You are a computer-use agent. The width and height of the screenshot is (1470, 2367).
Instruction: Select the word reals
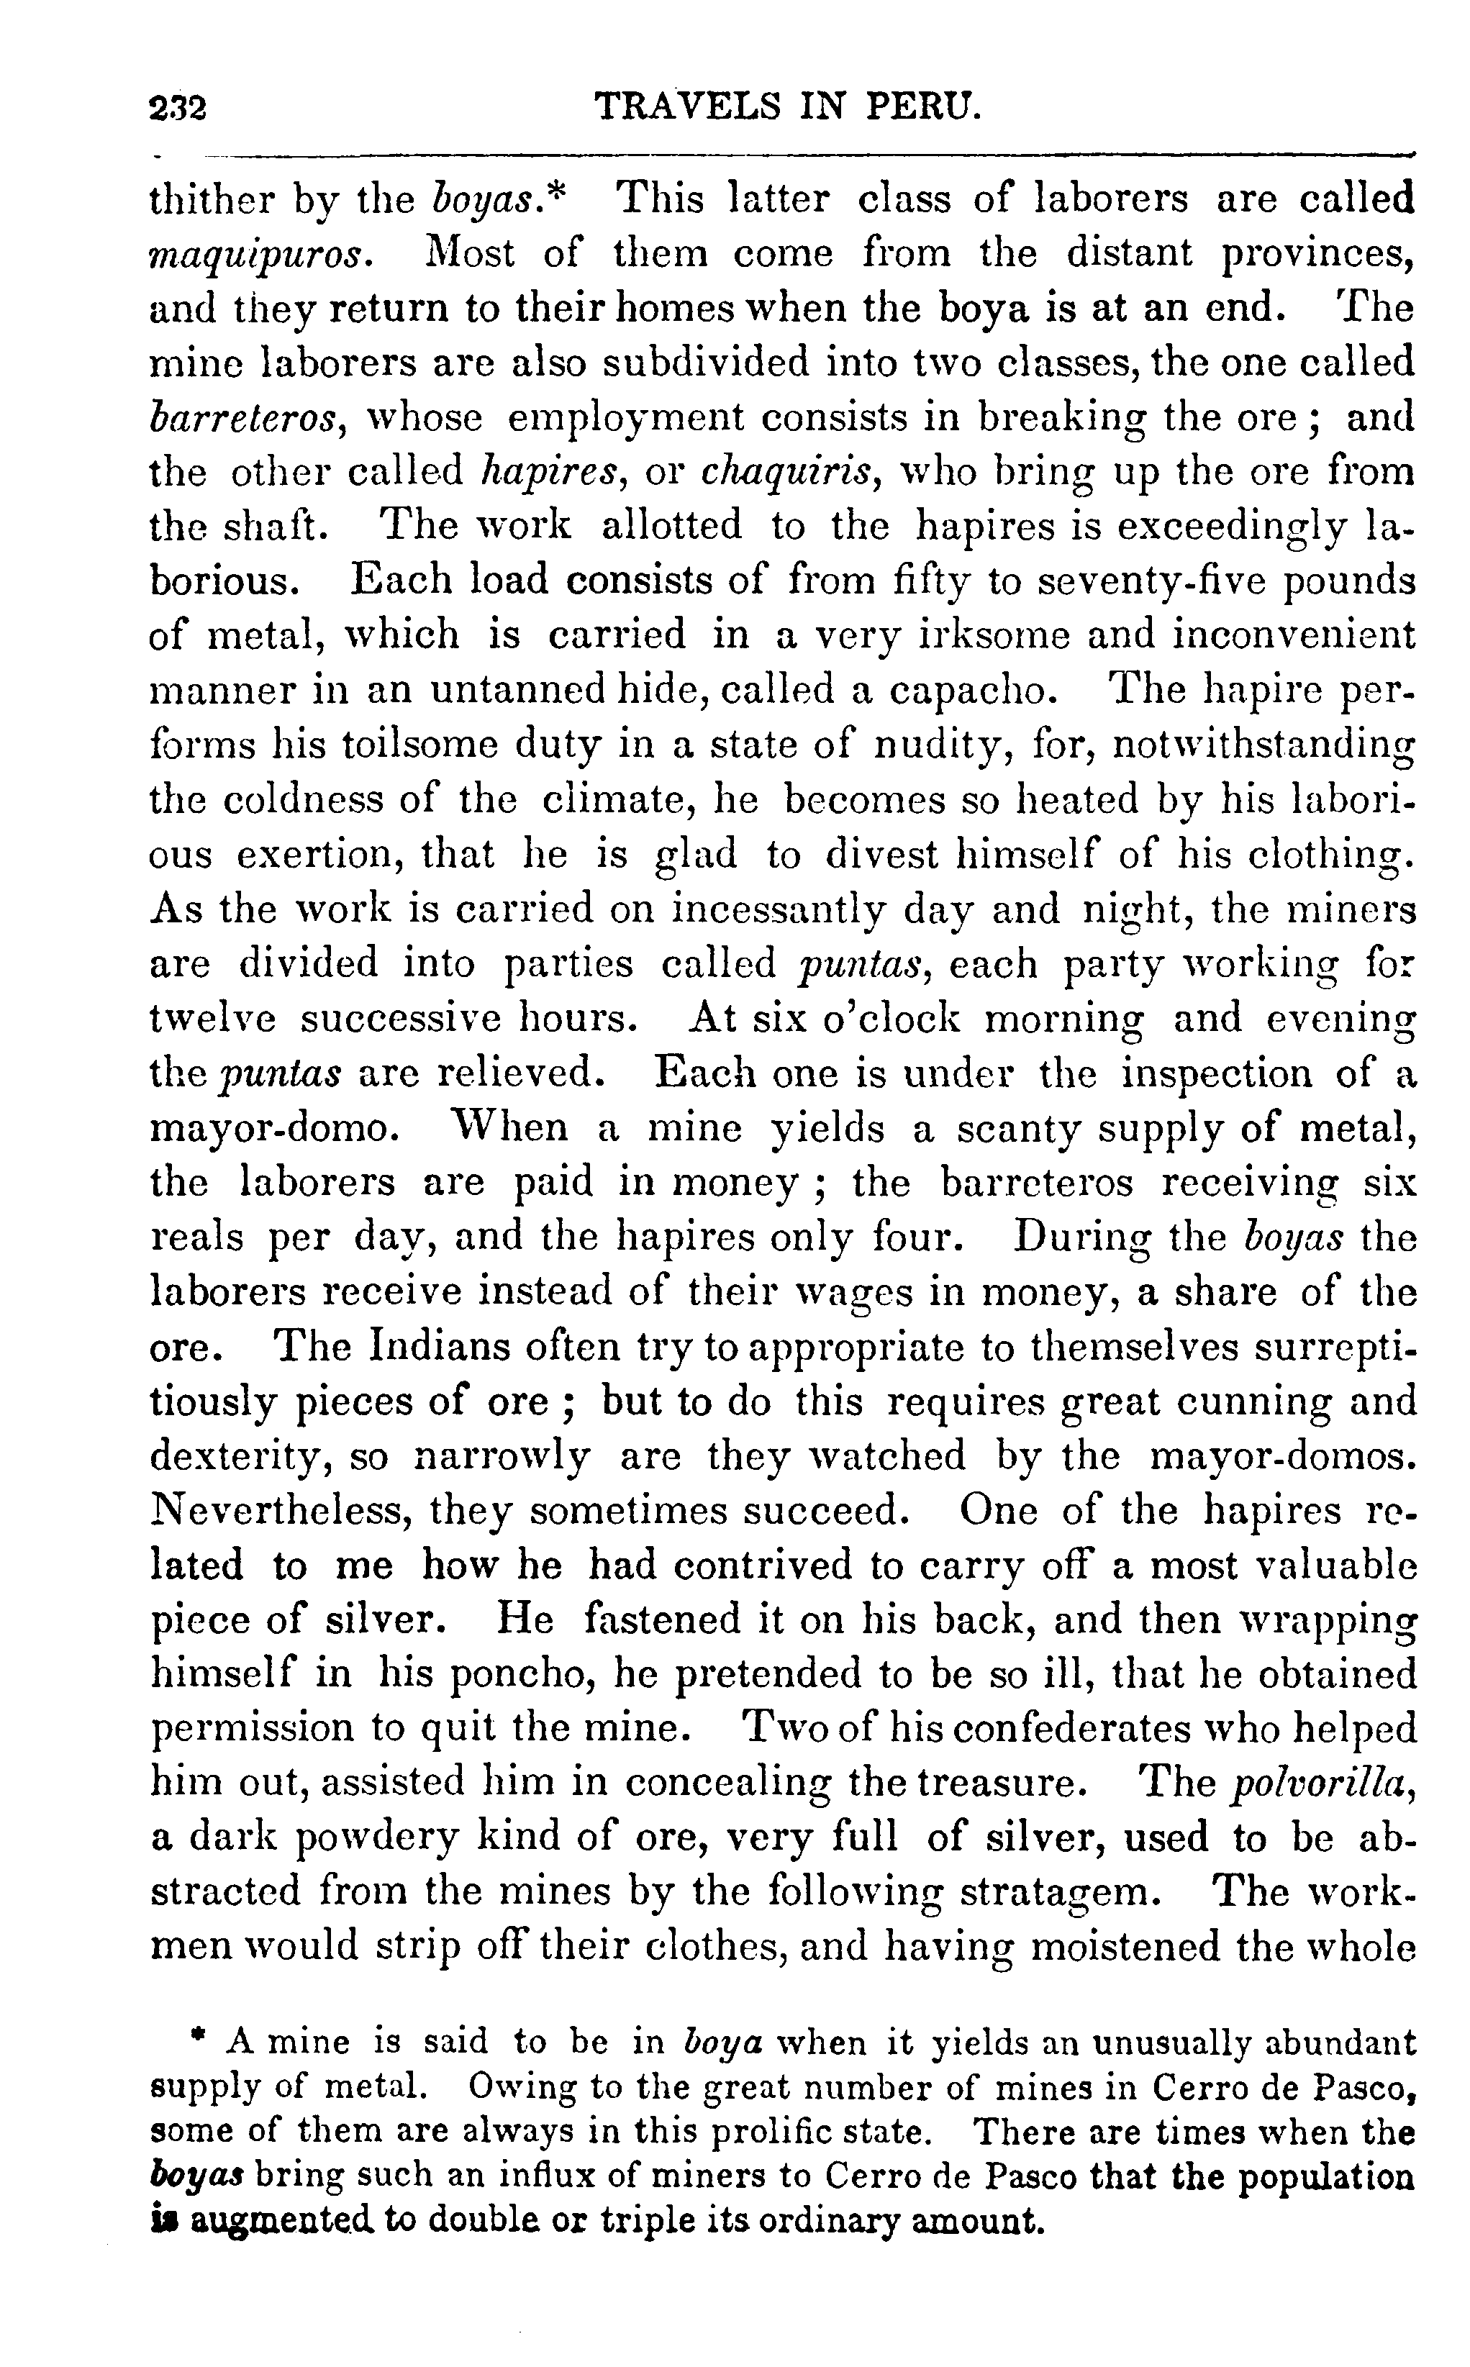point(197,1237)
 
